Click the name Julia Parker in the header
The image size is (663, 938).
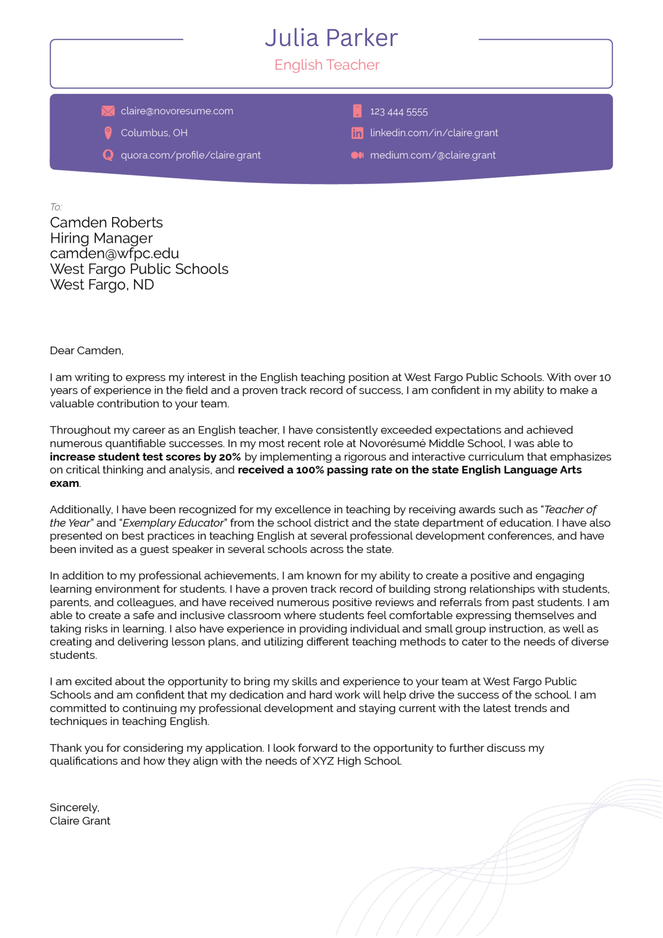coord(331,38)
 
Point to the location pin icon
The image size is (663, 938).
coord(108,133)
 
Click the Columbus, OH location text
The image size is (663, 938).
coord(154,133)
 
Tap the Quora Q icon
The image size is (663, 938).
coord(108,155)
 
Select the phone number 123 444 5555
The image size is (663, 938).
coord(399,112)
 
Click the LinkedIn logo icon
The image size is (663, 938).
coord(357,133)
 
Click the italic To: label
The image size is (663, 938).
coord(56,207)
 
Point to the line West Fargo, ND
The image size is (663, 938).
coord(102,285)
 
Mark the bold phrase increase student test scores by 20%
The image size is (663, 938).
coord(145,457)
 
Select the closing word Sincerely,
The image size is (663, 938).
coord(74,808)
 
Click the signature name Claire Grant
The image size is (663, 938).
coord(80,821)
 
